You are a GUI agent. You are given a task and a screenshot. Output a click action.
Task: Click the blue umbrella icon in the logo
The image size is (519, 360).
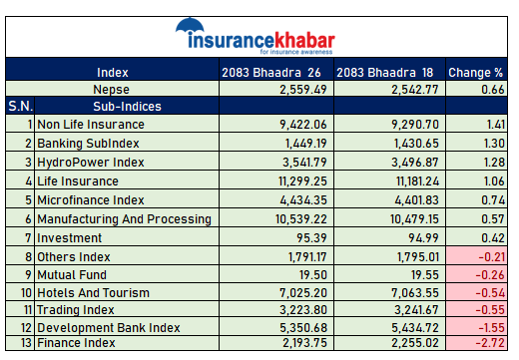coord(190,25)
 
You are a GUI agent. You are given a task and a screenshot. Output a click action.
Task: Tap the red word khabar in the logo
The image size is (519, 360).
coord(304,41)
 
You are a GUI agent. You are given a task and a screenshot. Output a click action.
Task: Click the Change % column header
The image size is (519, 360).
coord(475,73)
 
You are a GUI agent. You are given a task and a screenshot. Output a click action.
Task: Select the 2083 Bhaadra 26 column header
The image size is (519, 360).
coord(271,73)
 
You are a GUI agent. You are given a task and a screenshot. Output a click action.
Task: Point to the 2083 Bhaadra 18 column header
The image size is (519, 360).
coord(385,73)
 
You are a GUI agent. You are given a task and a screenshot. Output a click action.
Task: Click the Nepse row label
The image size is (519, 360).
coord(111,90)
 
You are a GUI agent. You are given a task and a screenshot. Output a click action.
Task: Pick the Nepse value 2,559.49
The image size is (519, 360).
coord(303,90)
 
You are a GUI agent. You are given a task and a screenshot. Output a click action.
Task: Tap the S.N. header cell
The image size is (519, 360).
coord(20,106)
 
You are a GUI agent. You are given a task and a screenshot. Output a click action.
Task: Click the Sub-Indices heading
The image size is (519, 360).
coord(127,107)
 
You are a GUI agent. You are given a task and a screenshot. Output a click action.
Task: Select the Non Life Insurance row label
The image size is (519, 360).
coord(91,125)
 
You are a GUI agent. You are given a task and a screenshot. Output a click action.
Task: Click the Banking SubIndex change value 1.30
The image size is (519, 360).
coord(494,144)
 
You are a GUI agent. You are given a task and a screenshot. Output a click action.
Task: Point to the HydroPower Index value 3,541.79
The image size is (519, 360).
coord(304,163)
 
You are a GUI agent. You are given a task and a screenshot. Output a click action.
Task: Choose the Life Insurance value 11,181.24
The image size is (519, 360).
coord(417,181)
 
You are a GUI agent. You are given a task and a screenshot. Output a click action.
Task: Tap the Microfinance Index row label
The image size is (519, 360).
coord(91,200)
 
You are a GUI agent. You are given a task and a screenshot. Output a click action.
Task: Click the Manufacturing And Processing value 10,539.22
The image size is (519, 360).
coord(301,219)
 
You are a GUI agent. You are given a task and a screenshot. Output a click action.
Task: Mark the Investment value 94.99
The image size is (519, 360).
coord(423,238)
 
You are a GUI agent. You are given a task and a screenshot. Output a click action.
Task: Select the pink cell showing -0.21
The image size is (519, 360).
coord(477,256)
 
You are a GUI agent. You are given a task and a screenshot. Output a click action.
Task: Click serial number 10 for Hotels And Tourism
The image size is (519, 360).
coord(26,293)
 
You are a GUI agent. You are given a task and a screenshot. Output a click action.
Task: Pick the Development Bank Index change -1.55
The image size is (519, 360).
coord(492,328)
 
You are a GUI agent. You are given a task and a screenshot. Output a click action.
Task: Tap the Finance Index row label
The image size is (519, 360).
coord(76,343)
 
